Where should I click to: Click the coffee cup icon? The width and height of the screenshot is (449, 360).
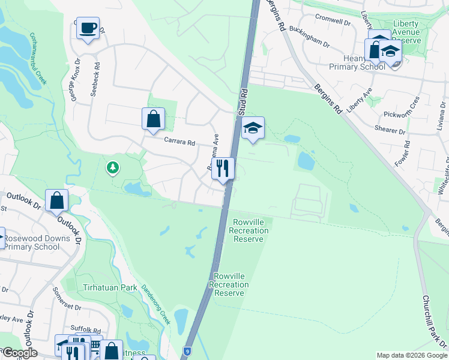pyautogui.click(x=88, y=28)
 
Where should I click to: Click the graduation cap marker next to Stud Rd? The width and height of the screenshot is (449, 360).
pyautogui.click(x=253, y=127)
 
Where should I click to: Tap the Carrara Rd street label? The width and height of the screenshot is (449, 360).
pyautogui.click(x=180, y=143)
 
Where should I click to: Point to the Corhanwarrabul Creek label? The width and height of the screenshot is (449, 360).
pyautogui.click(x=37, y=59)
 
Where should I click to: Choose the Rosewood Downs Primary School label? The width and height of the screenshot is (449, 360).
pyautogui.click(x=38, y=242)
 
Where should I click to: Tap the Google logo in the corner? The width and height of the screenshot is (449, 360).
pyautogui.click(x=20, y=352)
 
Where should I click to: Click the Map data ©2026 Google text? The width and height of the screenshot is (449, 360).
pyautogui.click(x=411, y=355)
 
